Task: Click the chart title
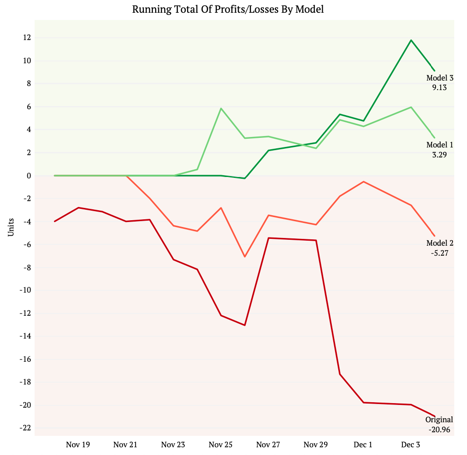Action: pos(228,9)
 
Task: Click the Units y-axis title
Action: pos(10,227)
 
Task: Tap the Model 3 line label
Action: pos(440,78)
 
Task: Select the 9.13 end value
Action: pos(440,88)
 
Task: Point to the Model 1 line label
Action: pos(440,145)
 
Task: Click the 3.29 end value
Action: pos(440,155)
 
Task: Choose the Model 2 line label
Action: pos(440,243)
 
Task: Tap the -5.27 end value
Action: pos(440,253)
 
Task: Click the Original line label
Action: pos(439,420)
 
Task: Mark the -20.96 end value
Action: pos(439,429)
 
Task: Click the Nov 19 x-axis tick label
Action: pos(78,445)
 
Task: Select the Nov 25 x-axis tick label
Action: pos(221,445)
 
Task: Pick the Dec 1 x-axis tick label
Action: pos(363,445)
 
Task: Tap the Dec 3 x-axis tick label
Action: pos(411,445)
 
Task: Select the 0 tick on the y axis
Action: pos(28,176)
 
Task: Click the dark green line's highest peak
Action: pos(411,40)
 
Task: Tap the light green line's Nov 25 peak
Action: pos(221,108)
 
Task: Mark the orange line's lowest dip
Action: pos(244,257)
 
